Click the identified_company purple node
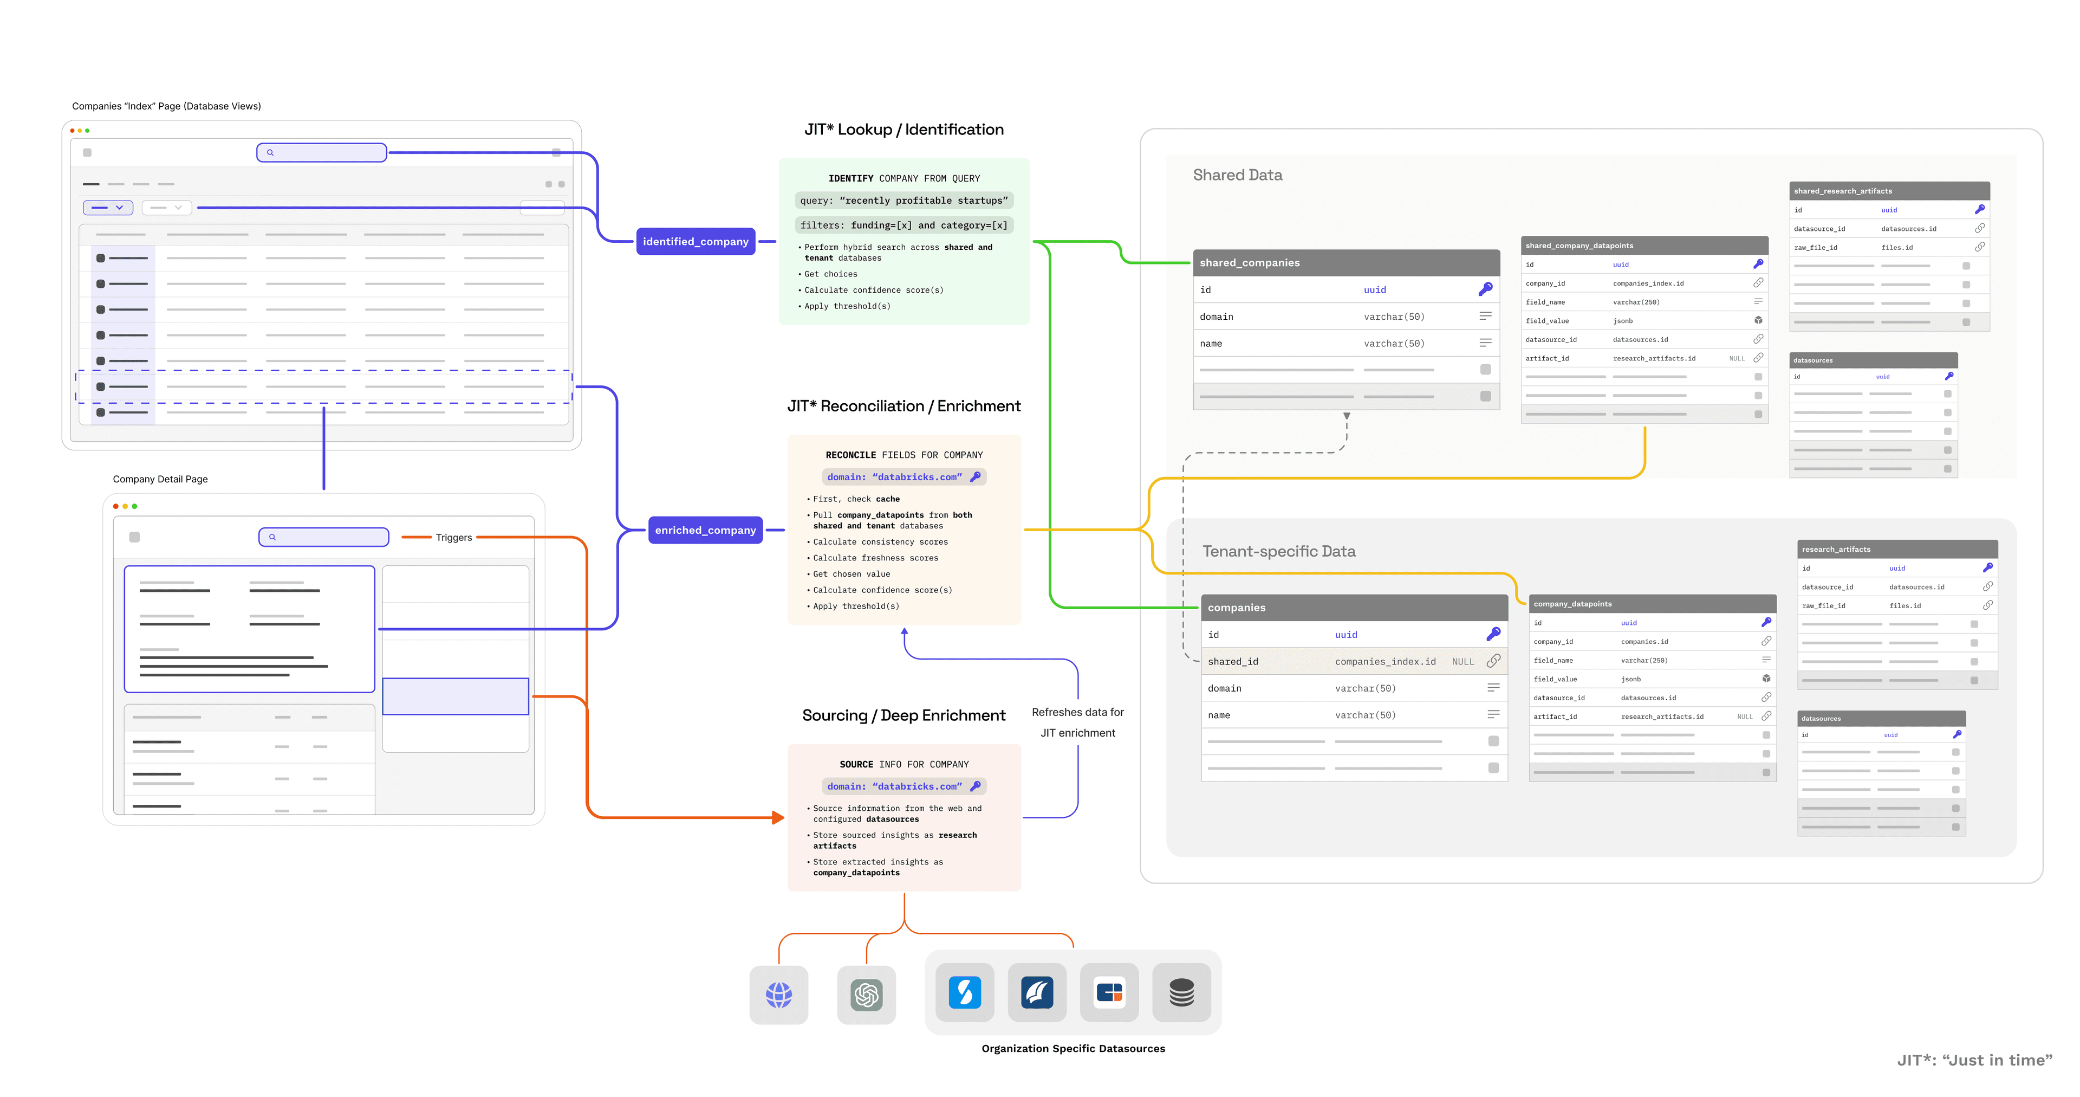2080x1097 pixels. [x=695, y=242]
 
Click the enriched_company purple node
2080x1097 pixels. [x=705, y=530]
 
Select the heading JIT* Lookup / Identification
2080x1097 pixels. [x=903, y=129]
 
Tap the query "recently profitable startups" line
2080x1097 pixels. [x=903, y=201]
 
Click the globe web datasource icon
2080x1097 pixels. [x=778, y=995]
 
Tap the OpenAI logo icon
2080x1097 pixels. [x=867, y=995]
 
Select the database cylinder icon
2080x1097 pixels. [x=1181, y=992]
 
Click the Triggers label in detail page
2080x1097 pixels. [x=454, y=537]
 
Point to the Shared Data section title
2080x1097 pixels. [x=1237, y=175]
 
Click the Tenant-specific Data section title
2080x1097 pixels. [x=1278, y=551]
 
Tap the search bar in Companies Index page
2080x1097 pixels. [x=321, y=153]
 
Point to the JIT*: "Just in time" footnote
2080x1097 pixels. [x=1973, y=1060]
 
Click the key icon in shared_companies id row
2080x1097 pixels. [x=1485, y=289]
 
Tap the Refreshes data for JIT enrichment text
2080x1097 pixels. [x=1077, y=722]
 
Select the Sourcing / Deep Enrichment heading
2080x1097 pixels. [x=903, y=715]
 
